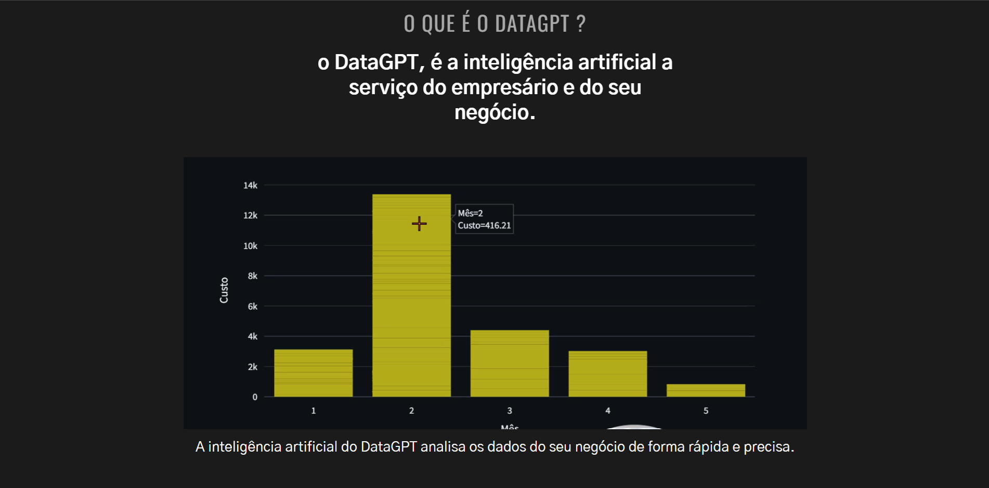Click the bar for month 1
[313, 373]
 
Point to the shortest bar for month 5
[706, 390]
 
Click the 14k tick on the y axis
[250, 185]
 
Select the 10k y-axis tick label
[250, 246]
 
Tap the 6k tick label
[252, 306]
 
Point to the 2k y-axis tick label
[252, 367]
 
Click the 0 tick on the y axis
[255, 397]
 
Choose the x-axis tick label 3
[510, 410]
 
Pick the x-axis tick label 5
[706, 410]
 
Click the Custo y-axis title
[224, 290]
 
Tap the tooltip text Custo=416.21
[484, 225]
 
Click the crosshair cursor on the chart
[419, 224]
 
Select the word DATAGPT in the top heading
[532, 24]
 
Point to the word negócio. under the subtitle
[494, 112]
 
